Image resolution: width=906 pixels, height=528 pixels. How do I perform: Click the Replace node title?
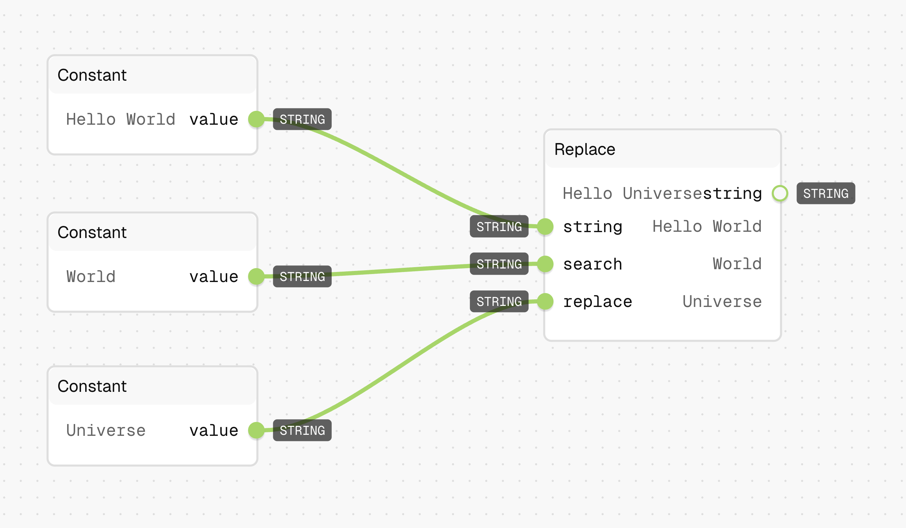pos(585,149)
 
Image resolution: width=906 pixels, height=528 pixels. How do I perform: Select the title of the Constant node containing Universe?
pos(92,386)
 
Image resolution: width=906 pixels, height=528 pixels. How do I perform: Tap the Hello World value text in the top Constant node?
pos(121,120)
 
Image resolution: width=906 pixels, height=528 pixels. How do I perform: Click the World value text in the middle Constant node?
pos(91,276)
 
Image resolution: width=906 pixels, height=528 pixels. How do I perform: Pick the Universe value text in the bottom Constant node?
pos(106,431)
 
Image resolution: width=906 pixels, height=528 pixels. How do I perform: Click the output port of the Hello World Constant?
pos(256,119)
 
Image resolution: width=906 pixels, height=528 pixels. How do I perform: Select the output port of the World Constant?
pos(256,276)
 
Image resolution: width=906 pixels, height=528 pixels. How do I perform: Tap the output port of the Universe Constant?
pos(256,431)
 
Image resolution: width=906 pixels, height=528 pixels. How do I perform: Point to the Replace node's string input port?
pos(545,227)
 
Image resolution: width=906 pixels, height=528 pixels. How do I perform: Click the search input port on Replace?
pos(545,264)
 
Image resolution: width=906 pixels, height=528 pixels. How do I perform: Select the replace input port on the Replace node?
pos(545,301)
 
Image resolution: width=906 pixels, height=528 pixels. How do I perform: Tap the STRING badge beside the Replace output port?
pos(826,194)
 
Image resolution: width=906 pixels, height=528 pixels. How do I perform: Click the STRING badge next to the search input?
pos(499,264)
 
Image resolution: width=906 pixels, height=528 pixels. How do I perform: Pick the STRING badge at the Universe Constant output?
pos(302,431)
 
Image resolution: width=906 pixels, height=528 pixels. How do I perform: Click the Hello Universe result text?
pos(633,194)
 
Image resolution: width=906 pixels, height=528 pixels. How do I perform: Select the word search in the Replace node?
pos(593,264)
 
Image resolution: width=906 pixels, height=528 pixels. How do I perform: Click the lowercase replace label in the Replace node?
pos(597,302)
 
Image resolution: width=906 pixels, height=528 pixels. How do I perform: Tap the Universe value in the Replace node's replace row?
pos(722,301)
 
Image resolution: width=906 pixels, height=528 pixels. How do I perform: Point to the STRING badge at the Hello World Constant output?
pos(302,119)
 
